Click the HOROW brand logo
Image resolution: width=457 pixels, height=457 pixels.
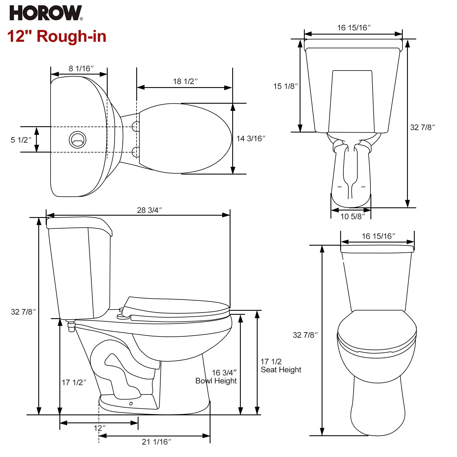[x=46, y=13]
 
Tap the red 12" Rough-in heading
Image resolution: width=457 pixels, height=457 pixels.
[x=57, y=36]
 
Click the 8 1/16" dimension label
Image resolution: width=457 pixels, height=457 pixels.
[x=81, y=69]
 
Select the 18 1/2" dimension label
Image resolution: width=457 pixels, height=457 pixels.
[x=185, y=81]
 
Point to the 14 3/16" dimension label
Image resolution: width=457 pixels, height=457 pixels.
[x=251, y=139]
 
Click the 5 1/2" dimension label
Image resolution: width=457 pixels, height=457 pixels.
[x=21, y=140]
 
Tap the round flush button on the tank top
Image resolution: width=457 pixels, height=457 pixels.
[x=77, y=140]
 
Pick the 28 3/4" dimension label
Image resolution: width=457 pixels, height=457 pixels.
[x=149, y=210]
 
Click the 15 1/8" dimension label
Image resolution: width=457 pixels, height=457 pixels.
[x=285, y=86]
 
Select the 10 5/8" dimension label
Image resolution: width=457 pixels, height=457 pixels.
[x=352, y=217]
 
